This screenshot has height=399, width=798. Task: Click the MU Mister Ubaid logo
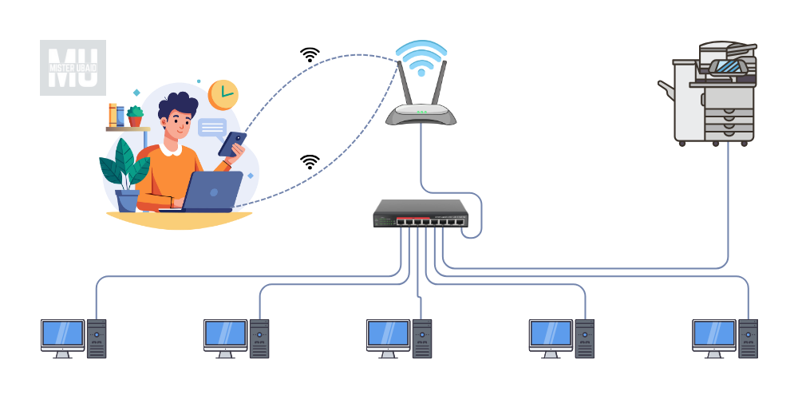(73, 68)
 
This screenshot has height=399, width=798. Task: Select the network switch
(419, 214)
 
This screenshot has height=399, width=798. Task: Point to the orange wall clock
(223, 94)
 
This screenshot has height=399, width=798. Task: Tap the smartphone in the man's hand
(233, 144)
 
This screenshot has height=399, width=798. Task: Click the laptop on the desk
(212, 192)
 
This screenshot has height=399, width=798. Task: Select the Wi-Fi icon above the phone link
(310, 55)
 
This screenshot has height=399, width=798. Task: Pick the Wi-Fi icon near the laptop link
(310, 161)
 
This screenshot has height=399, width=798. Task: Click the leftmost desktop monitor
(62, 335)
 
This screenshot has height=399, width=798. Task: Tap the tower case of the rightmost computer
(748, 338)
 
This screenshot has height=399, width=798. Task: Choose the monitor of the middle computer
(388, 335)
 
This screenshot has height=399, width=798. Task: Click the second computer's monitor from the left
(225, 335)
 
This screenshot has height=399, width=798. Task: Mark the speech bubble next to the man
(212, 128)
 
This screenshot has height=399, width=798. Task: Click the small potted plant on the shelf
(135, 117)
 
